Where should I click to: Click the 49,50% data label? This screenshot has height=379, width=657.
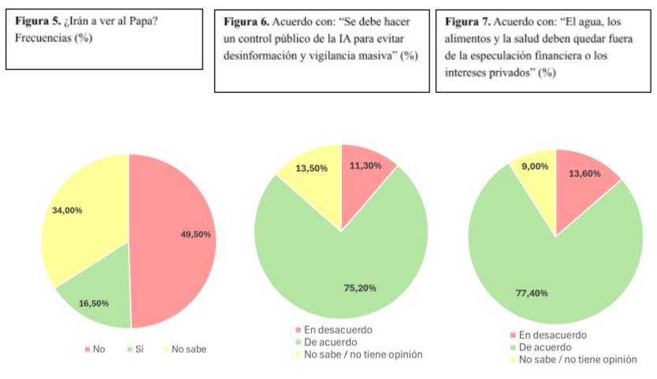195,234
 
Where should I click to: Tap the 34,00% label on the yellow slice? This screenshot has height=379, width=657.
67,210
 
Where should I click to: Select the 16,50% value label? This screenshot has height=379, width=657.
94,303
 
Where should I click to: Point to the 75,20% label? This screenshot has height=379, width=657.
360,288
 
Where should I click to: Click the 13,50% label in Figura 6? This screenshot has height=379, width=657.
312,169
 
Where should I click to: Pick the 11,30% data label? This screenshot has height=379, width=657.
366,166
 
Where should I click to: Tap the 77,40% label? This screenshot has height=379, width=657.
532,293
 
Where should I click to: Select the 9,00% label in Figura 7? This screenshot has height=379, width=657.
535,166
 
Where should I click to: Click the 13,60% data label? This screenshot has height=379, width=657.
585,173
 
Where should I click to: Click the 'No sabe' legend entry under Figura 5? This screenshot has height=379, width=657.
184,349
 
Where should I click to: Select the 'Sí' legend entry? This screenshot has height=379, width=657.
135,349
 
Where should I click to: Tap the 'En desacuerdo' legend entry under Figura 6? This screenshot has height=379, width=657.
334,330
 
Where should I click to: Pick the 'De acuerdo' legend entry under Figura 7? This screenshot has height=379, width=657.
541,347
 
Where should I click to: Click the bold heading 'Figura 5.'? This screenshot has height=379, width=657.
38,21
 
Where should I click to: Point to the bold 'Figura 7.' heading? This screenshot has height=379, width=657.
468,21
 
